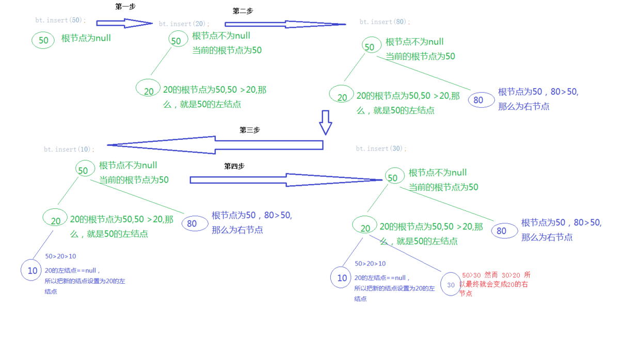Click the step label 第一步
point(125,7)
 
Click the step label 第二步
point(243,11)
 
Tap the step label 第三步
point(249,130)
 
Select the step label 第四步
point(234,166)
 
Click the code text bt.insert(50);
point(60,21)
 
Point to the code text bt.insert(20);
point(184,24)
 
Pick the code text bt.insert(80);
point(385,22)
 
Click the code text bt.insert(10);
point(69,149)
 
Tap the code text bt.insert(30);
point(381,149)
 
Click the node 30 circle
point(451,284)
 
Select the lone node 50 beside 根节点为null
point(43,40)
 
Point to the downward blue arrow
point(325,122)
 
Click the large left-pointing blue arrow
point(215,145)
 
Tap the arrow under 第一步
point(124,23)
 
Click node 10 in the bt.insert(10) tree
point(31,270)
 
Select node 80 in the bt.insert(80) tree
point(481,100)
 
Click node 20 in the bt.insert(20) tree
point(148,89)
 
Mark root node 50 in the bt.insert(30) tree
point(394,177)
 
